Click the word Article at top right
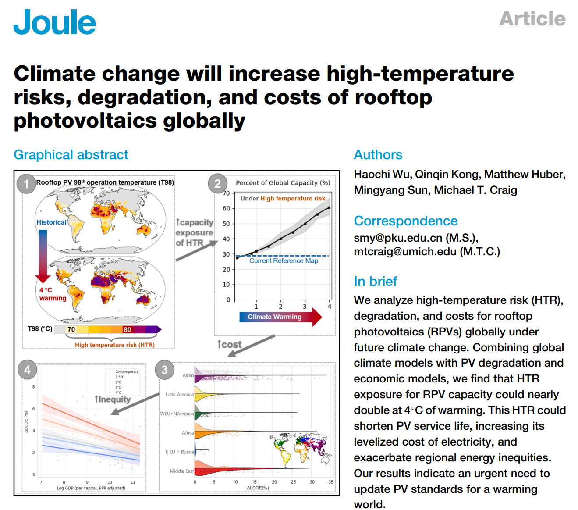tap(532, 19)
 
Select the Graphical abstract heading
tap(71, 155)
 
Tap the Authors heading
tap(378, 155)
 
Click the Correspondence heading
tap(405, 221)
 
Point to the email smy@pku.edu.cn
tap(398, 238)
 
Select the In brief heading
tap(375, 282)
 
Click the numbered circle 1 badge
tap(26, 184)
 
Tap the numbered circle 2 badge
tap(217, 184)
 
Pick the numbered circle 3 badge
tap(164, 370)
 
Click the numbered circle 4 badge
tap(27, 370)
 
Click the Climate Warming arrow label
tap(275, 317)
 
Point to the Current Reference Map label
tap(284, 261)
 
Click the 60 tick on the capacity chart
tap(226, 208)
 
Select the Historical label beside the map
tap(51, 222)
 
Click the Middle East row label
tap(181, 471)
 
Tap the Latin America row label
tap(179, 395)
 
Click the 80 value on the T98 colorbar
tap(127, 330)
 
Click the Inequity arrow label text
tap(113, 399)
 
